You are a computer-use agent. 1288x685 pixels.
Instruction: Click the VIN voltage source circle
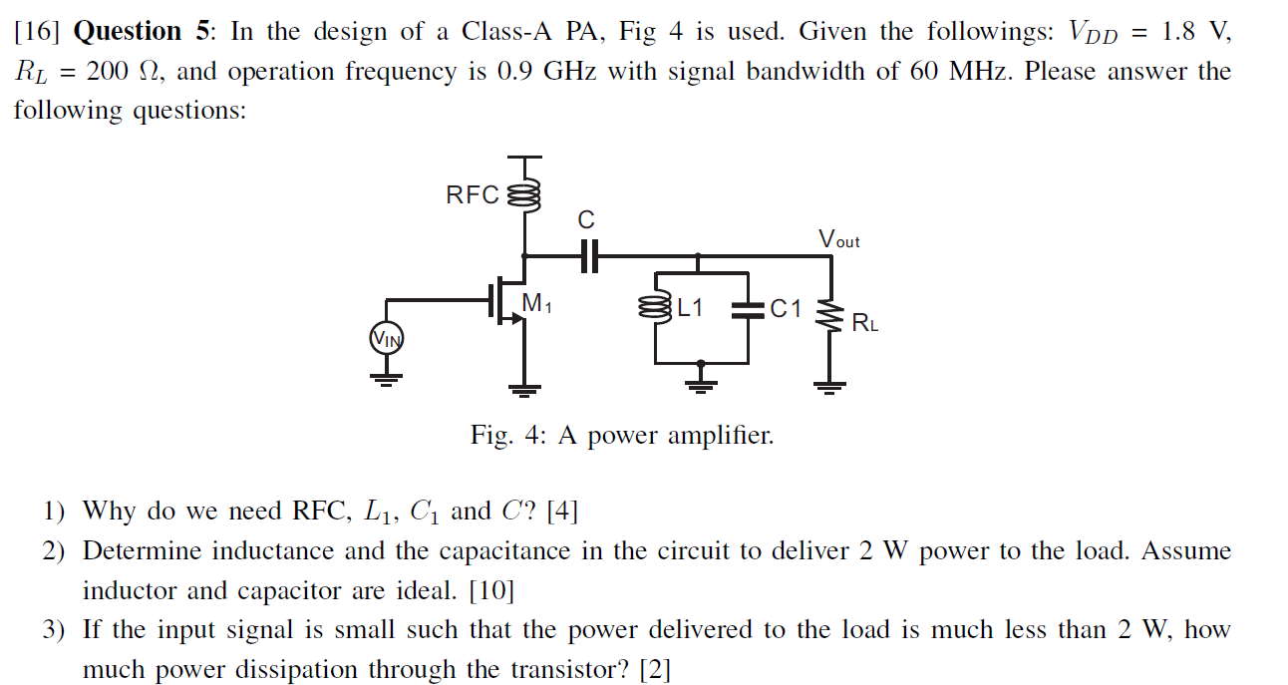pyautogui.click(x=387, y=338)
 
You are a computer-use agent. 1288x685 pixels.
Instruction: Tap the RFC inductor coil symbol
pyautogui.click(x=523, y=196)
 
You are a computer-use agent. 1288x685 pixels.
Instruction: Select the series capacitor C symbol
pyautogui.click(x=589, y=256)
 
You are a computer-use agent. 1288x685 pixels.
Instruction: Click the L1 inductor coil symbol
pyautogui.click(x=655, y=308)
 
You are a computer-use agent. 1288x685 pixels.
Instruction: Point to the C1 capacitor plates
pyautogui.click(x=748, y=310)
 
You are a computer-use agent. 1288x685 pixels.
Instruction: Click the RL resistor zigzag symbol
pyautogui.click(x=829, y=315)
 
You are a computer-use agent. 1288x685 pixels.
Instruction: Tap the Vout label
pyautogui.click(x=839, y=238)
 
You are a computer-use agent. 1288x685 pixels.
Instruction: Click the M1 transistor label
pyautogui.click(x=536, y=302)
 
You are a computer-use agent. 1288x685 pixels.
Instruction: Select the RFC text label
pyautogui.click(x=473, y=195)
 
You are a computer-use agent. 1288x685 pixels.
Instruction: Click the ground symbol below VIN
pyautogui.click(x=387, y=380)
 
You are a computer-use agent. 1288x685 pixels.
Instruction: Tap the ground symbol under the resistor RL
pyautogui.click(x=829, y=388)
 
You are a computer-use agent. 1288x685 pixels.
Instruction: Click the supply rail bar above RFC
pyautogui.click(x=524, y=157)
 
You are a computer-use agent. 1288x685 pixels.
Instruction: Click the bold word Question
pyautogui.click(x=128, y=31)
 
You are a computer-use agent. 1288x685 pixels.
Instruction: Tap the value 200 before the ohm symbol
pyautogui.click(x=108, y=72)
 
